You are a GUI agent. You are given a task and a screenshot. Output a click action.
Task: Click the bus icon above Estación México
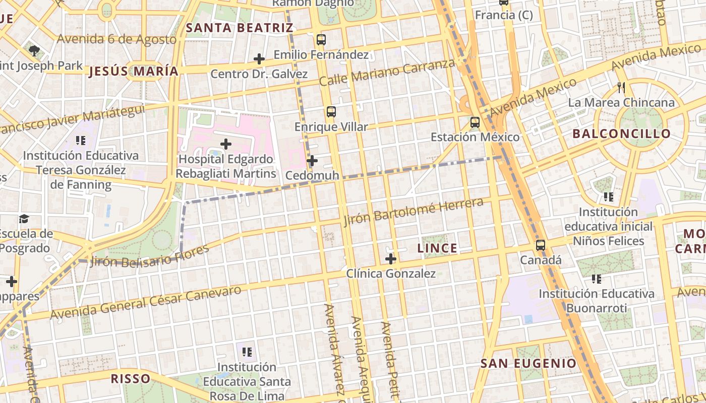pyautogui.click(x=475, y=122)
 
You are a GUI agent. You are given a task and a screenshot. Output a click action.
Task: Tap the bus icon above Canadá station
pyautogui.click(x=541, y=245)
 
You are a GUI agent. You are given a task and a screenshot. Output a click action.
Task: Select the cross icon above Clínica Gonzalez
pyautogui.click(x=390, y=259)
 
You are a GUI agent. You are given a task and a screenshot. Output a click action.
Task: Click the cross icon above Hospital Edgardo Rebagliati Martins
pyautogui.click(x=226, y=144)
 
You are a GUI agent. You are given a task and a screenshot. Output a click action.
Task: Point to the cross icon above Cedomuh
pyautogui.click(x=312, y=161)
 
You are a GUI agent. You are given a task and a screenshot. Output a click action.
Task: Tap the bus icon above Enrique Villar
pyautogui.click(x=331, y=112)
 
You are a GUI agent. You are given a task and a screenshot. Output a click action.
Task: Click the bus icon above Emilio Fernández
pyautogui.click(x=321, y=39)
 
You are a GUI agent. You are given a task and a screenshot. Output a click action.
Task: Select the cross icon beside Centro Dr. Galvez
pyautogui.click(x=259, y=59)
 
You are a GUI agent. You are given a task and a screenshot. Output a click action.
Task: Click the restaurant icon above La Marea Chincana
pyautogui.click(x=621, y=88)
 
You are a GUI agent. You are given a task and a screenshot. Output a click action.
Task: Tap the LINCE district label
pyautogui.click(x=438, y=248)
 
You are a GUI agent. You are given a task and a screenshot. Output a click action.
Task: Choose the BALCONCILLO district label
pyautogui.click(x=622, y=133)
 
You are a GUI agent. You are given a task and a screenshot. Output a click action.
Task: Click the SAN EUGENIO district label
pyautogui.click(x=528, y=363)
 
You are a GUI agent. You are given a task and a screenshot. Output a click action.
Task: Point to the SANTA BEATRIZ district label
pyautogui.click(x=240, y=28)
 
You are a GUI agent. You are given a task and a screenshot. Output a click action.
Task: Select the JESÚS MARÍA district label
pyautogui.click(x=134, y=72)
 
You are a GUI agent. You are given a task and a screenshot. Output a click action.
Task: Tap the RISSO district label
pyautogui.click(x=131, y=378)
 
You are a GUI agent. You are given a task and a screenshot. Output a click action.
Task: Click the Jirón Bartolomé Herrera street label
pyautogui.click(x=414, y=212)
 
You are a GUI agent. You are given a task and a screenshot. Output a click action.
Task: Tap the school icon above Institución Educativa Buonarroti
pyautogui.click(x=597, y=279)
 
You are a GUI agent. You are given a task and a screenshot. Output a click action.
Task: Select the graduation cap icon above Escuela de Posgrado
pyautogui.click(x=24, y=219)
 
